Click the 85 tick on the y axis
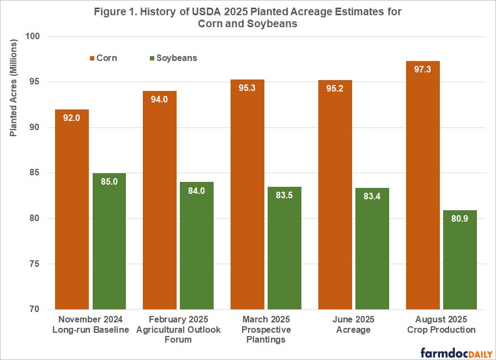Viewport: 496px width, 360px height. point(41,173)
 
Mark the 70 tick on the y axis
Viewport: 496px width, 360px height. point(41,309)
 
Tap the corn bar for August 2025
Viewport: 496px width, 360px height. point(423,185)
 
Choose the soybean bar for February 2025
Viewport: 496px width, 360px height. point(197,246)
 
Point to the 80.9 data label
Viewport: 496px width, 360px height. point(460,219)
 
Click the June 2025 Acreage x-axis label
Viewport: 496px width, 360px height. point(354,325)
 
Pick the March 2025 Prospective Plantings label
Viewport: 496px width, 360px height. point(266,330)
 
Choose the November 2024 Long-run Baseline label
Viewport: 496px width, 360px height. point(90,325)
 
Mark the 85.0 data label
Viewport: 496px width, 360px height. point(109,182)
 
